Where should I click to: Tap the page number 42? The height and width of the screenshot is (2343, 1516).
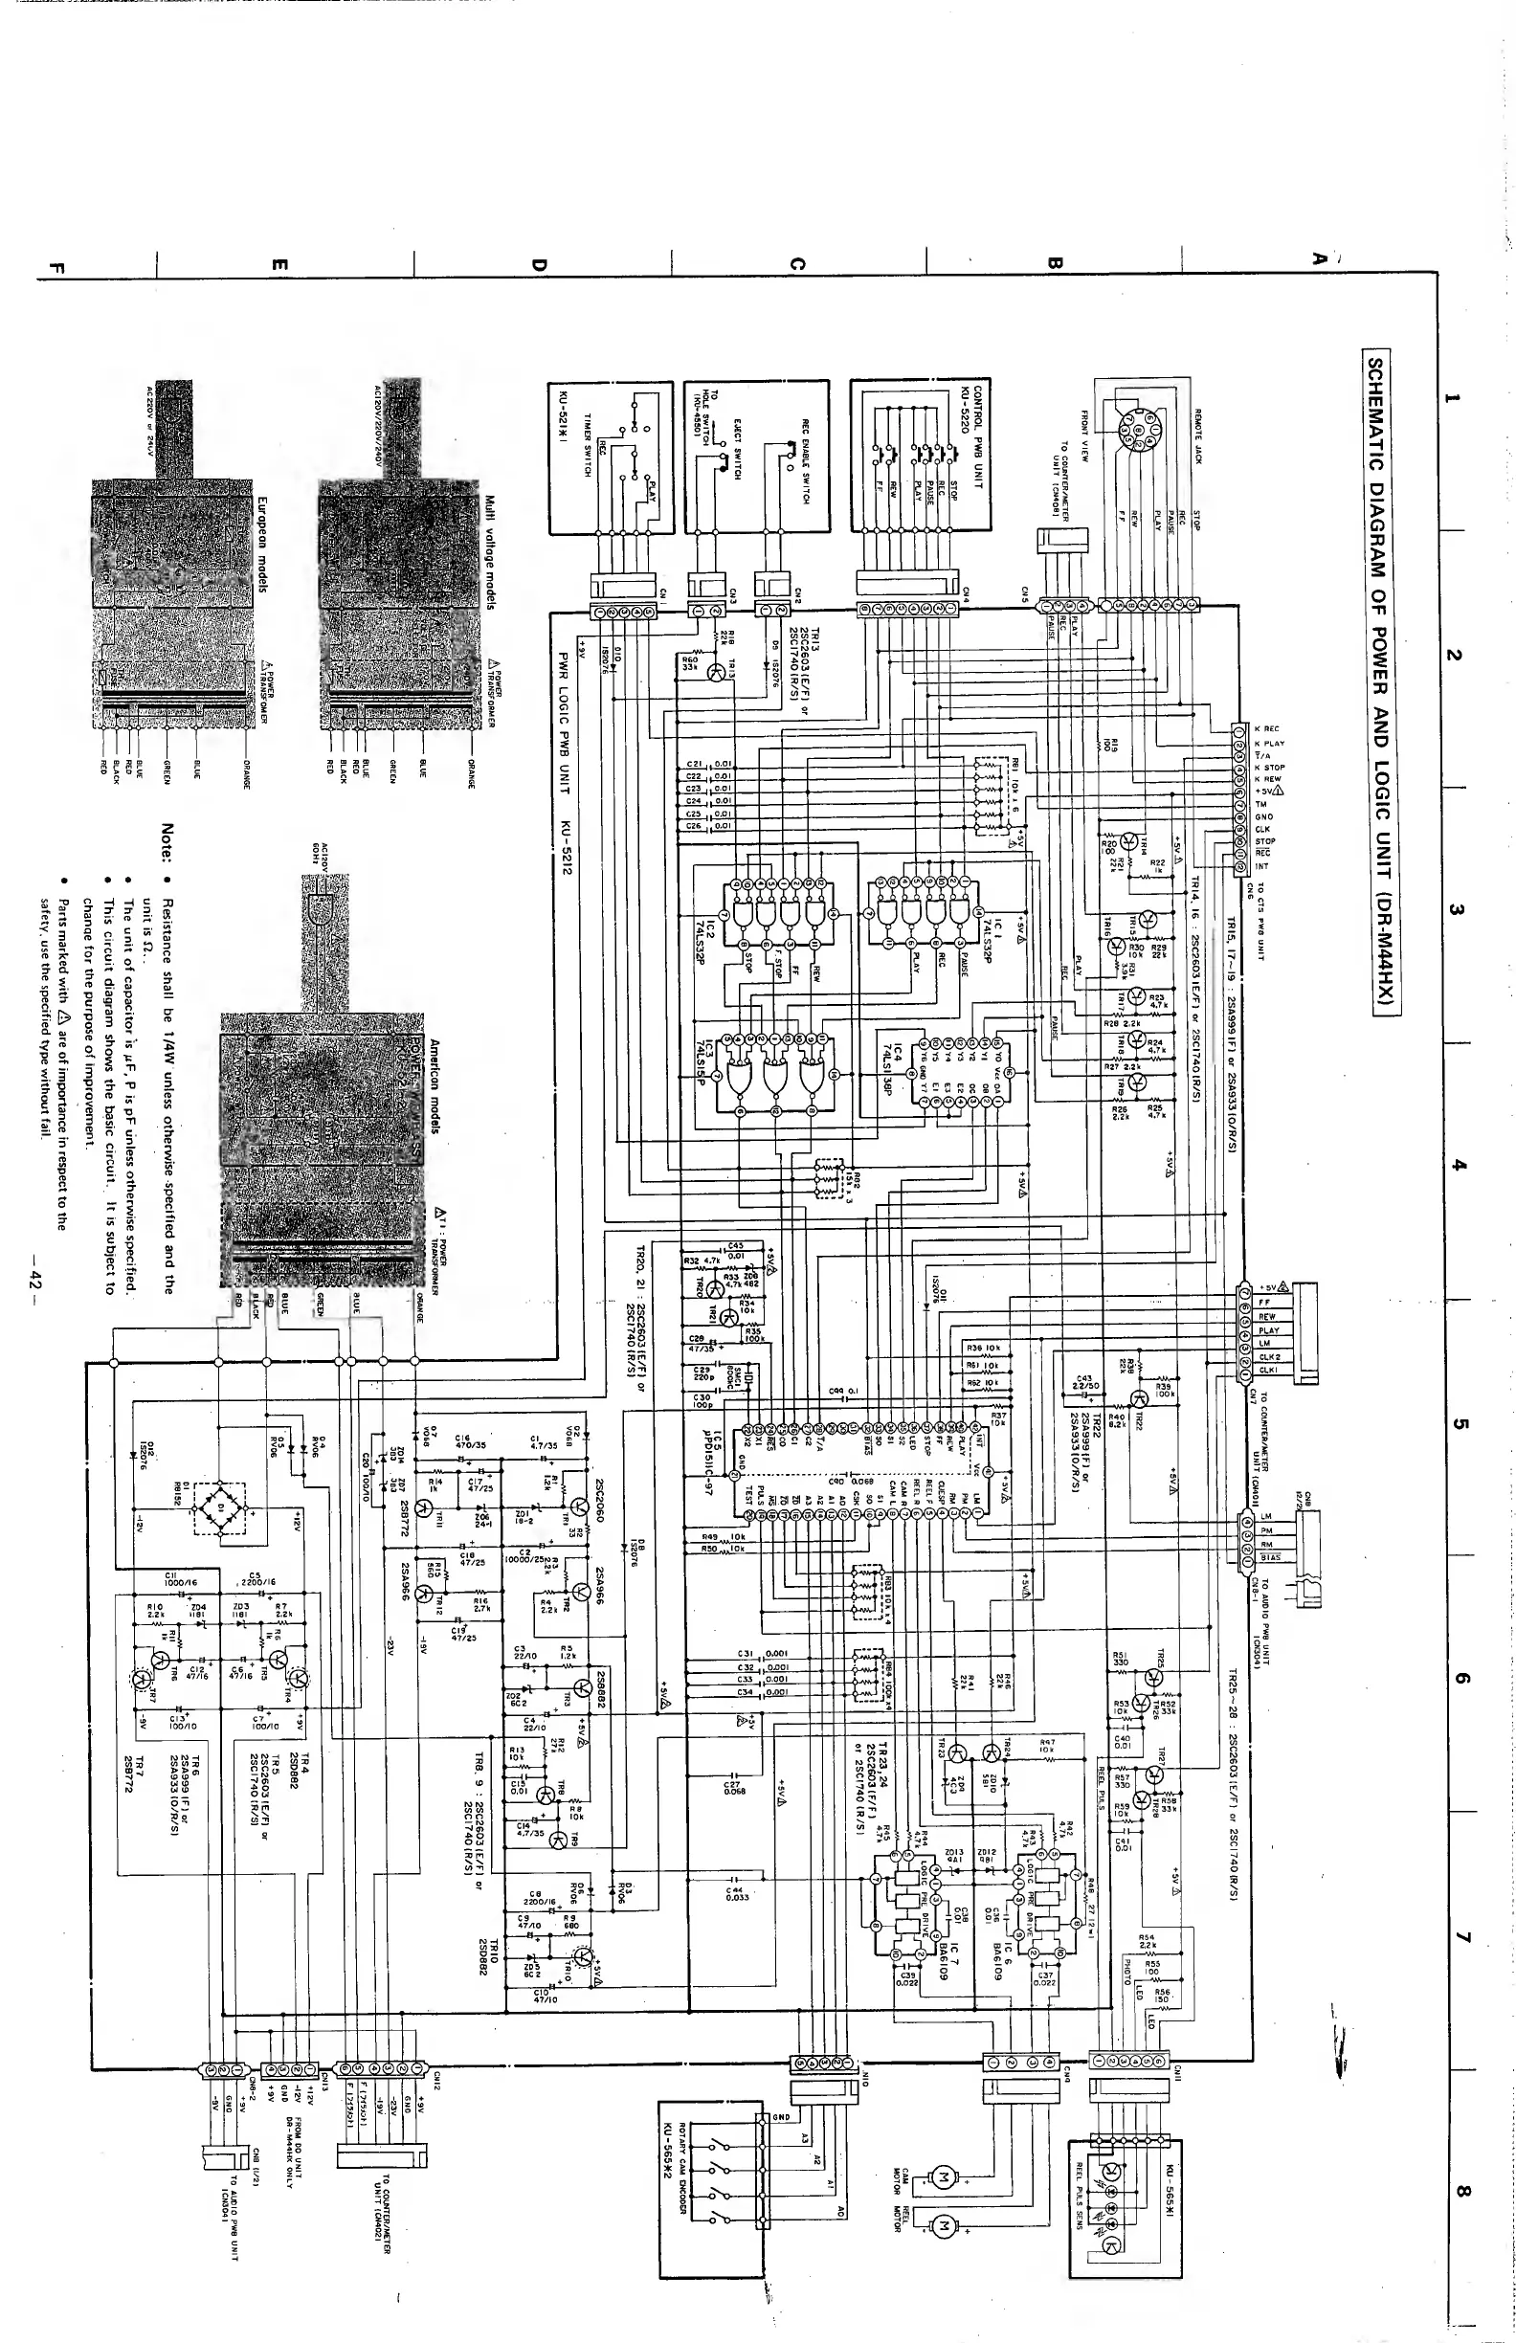36,1278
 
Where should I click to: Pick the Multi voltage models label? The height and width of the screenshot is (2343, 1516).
488,552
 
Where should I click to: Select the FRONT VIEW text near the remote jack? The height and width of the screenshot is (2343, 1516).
1084,435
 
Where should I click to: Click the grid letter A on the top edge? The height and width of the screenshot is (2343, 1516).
1318,257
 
